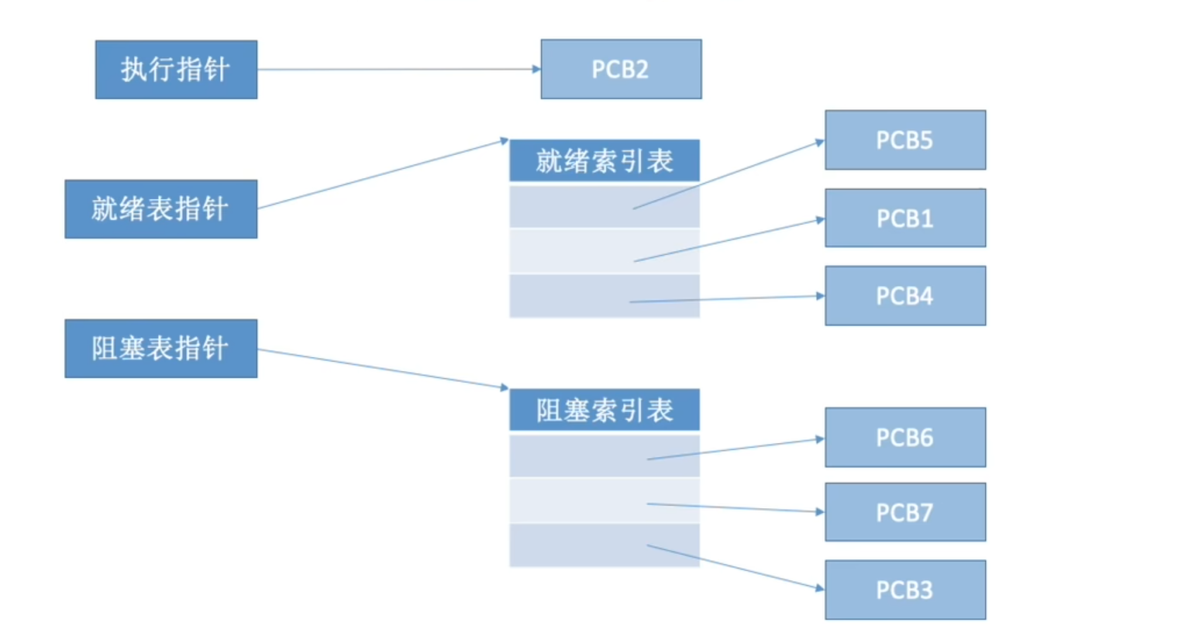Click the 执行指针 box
(x=176, y=70)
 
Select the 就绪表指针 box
(x=160, y=209)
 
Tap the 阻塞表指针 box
(x=160, y=349)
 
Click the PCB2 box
(x=621, y=70)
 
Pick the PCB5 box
(x=905, y=140)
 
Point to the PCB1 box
(x=905, y=218)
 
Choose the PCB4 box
(x=905, y=296)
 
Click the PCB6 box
(x=905, y=438)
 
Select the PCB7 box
(x=905, y=512)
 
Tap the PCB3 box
(x=905, y=590)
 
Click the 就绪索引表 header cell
(x=605, y=161)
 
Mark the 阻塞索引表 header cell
(x=605, y=410)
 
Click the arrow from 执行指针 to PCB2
(x=399, y=70)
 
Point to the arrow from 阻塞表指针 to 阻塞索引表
(x=382, y=368)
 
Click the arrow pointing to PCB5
(x=729, y=175)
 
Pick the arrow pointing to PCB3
(x=736, y=568)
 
